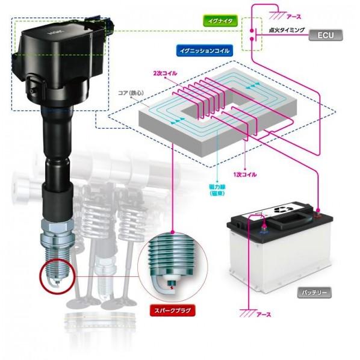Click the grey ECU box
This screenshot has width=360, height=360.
pyautogui.click(x=325, y=35)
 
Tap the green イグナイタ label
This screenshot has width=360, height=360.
pyautogui.click(x=220, y=21)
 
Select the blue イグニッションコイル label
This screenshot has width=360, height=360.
pyautogui.click(x=204, y=51)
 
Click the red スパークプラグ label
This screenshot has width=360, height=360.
pyautogui.click(x=172, y=311)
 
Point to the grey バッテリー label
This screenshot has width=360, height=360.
pyautogui.click(x=314, y=293)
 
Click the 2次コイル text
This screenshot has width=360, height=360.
pyautogui.click(x=166, y=73)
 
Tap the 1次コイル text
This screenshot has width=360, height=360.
pyautogui.click(x=245, y=175)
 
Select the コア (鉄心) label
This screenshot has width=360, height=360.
pyautogui.click(x=131, y=93)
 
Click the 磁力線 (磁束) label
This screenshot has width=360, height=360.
pyautogui.click(x=217, y=190)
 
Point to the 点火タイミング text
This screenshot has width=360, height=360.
pyautogui.click(x=287, y=30)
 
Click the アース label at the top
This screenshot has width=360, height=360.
pyautogui.click(x=294, y=16)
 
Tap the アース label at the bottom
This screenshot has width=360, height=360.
pyautogui.click(x=263, y=314)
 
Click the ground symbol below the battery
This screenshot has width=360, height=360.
pyautogui.click(x=247, y=312)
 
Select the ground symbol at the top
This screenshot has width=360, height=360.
pyautogui.click(x=277, y=15)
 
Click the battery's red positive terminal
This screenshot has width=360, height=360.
pyautogui.click(x=318, y=213)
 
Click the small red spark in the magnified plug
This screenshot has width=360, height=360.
pyautogui.click(x=172, y=287)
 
